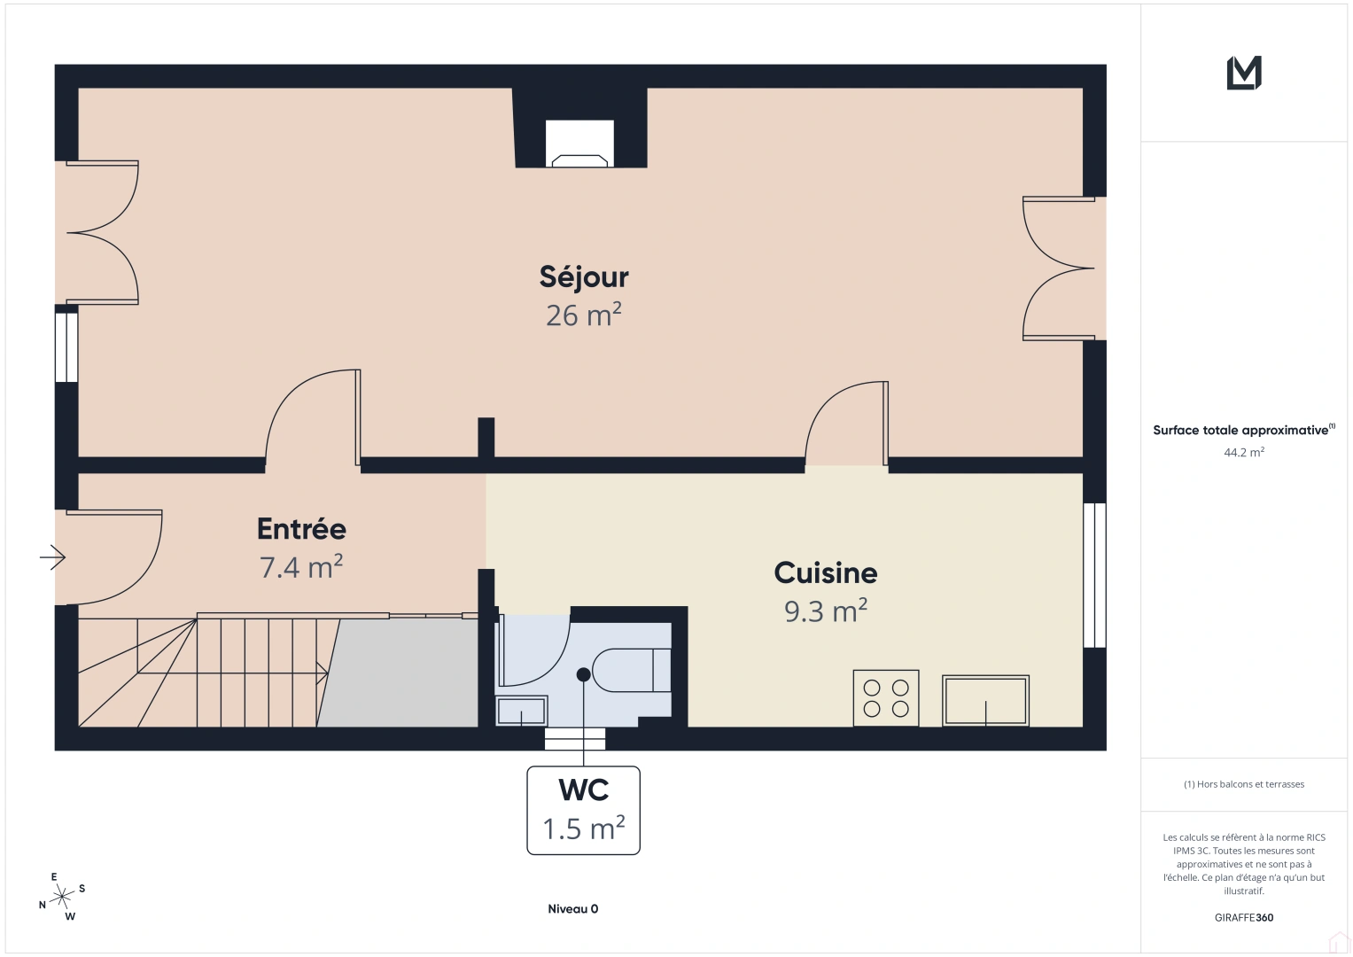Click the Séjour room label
click(x=584, y=277)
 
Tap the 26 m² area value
click(x=583, y=315)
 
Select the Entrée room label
click(x=301, y=529)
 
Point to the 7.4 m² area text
click(x=301, y=567)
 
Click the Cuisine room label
click(x=826, y=573)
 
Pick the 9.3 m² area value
click(x=826, y=611)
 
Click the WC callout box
click(x=583, y=810)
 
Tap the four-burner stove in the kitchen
click(x=886, y=698)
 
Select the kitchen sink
click(x=985, y=701)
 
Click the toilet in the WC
click(x=632, y=670)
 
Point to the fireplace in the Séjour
click(x=579, y=144)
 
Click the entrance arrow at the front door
click(x=53, y=557)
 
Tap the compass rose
click(x=62, y=898)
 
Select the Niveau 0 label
click(x=572, y=909)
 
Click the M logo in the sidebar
click(x=1244, y=73)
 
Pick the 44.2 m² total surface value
click(x=1244, y=452)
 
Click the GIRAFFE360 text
click(x=1244, y=918)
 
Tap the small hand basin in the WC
click(x=521, y=711)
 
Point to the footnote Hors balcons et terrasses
click(x=1244, y=784)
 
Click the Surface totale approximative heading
click(x=1242, y=431)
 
